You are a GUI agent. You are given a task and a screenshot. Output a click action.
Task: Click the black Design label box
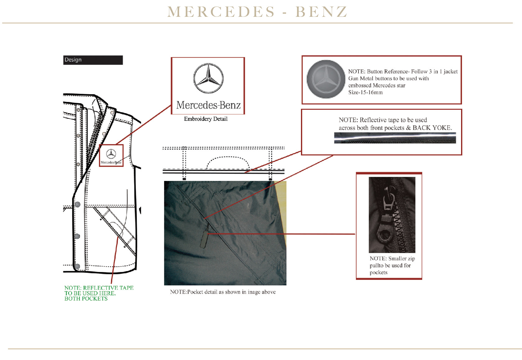[x=93, y=60]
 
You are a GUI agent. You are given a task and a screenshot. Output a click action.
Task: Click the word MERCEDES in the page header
[x=221, y=12]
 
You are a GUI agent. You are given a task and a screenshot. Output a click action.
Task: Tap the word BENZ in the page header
[x=321, y=12]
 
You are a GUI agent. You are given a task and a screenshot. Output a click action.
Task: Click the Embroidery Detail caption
[x=206, y=119]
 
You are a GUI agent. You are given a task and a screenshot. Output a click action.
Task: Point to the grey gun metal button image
[x=326, y=79]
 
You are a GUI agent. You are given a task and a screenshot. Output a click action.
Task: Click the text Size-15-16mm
[x=365, y=92]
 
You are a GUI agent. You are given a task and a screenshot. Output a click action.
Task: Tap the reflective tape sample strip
[x=395, y=138]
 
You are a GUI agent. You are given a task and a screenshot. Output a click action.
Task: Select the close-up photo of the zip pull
[x=392, y=215]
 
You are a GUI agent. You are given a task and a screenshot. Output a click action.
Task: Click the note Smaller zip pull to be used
[x=392, y=265]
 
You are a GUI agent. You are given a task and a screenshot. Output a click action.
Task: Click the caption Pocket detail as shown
[x=223, y=292]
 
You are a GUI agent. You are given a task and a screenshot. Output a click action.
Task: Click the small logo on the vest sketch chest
[x=111, y=155]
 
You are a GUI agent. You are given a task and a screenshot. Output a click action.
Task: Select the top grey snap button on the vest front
[x=78, y=204]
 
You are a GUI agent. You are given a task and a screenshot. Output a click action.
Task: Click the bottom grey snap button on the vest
[x=77, y=266]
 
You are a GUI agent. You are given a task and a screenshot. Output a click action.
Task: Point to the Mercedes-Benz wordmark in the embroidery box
[x=208, y=105]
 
